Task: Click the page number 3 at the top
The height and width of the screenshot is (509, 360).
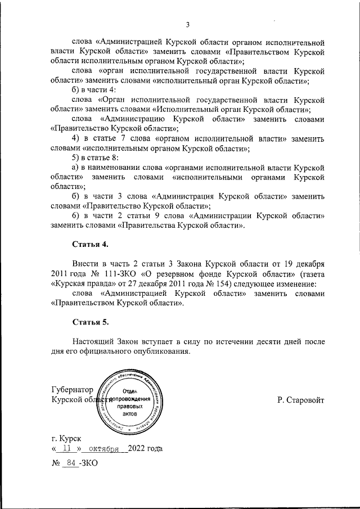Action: [187, 24]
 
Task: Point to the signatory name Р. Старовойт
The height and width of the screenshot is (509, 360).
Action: [301, 400]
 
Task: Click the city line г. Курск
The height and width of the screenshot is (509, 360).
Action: [66, 437]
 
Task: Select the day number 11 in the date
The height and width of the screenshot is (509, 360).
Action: [67, 449]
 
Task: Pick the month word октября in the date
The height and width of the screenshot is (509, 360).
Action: [101, 449]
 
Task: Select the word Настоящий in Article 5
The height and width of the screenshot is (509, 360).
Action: [93, 343]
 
